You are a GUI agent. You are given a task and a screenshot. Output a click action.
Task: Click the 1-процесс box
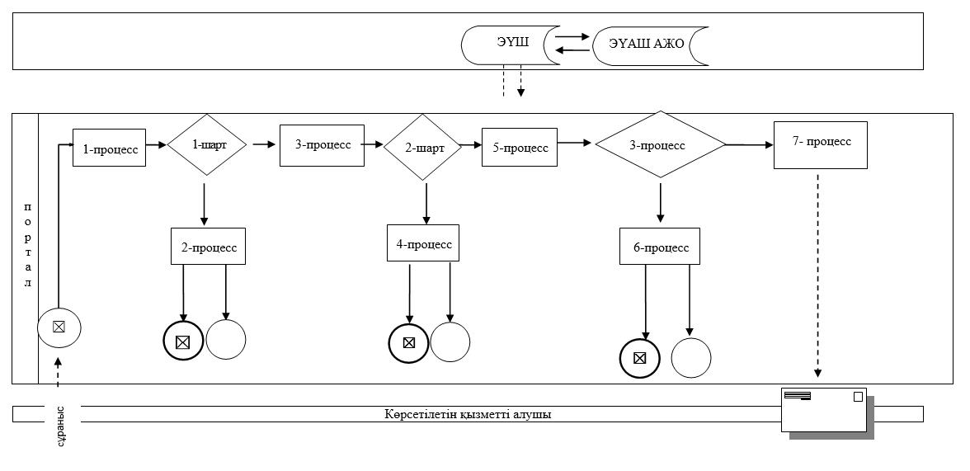(x=110, y=148)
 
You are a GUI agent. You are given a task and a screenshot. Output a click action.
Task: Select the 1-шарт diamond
(x=206, y=145)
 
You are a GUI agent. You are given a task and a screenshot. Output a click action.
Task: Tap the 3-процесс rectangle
(x=322, y=145)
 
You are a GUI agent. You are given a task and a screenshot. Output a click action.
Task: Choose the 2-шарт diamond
(x=423, y=148)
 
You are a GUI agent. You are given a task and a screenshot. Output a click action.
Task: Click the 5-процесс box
(x=520, y=148)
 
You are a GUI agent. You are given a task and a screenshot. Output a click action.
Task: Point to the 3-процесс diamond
(x=660, y=145)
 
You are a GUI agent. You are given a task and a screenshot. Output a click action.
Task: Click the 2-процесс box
(x=209, y=247)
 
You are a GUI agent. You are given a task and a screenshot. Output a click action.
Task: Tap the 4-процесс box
(x=424, y=244)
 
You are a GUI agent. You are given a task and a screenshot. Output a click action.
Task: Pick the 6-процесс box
(x=660, y=247)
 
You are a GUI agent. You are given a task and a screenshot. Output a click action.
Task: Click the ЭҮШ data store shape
(x=503, y=45)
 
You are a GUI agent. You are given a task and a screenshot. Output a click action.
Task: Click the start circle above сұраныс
(x=59, y=327)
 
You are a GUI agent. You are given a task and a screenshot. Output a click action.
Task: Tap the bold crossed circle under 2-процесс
(x=183, y=341)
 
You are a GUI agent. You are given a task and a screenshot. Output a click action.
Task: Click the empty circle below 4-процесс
(x=450, y=341)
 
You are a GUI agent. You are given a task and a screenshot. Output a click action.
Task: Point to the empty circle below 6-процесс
(x=691, y=358)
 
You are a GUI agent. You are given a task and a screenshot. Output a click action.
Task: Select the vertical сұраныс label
(x=61, y=425)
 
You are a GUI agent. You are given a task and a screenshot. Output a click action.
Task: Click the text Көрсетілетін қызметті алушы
(x=468, y=414)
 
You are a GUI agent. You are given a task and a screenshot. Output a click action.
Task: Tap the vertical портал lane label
(x=26, y=244)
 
